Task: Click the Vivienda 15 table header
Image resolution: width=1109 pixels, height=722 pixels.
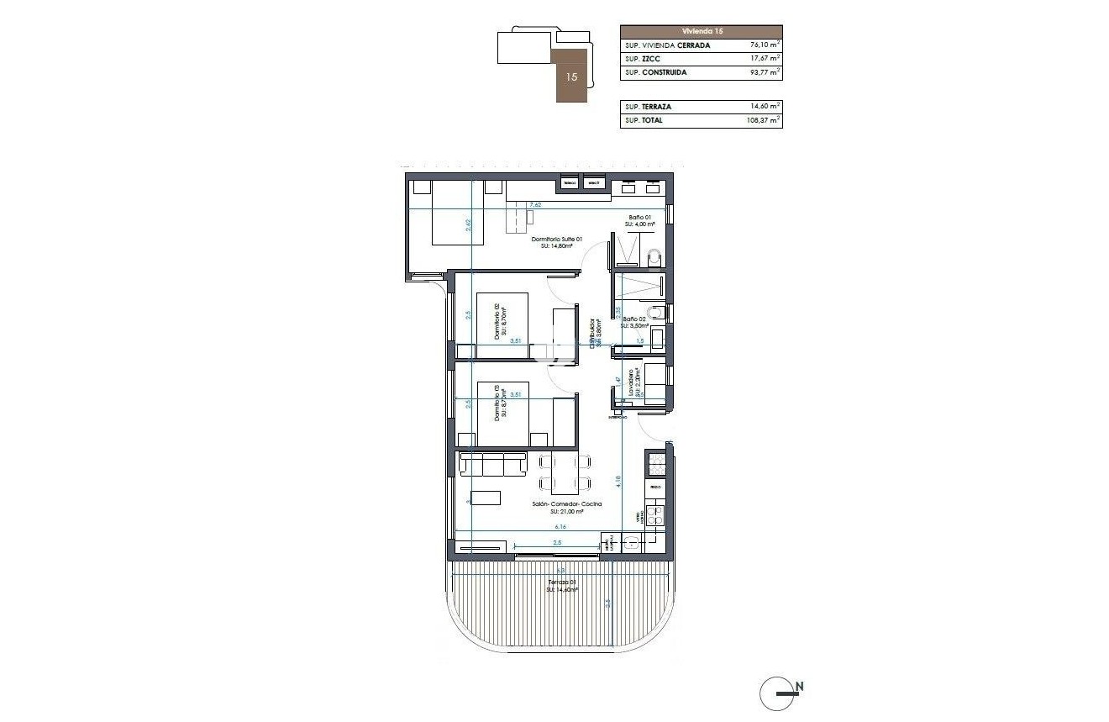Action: point(701,31)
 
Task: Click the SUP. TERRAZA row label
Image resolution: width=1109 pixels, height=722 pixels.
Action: point(648,107)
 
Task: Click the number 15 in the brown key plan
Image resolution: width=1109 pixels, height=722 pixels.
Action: point(572,76)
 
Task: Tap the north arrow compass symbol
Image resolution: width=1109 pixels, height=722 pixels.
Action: point(780,693)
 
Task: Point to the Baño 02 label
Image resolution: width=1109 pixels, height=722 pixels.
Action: point(636,320)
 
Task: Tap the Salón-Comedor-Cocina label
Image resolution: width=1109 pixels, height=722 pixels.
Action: point(566,504)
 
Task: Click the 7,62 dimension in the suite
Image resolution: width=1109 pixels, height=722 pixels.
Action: point(536,204)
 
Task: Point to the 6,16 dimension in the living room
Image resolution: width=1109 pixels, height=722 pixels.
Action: point(560,527)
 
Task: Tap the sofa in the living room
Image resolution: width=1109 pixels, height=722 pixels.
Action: point(493,463)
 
